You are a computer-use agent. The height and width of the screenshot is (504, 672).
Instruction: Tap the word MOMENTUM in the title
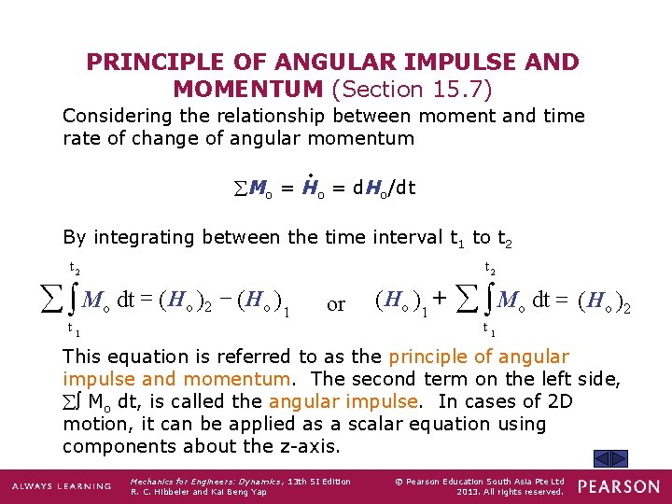248,90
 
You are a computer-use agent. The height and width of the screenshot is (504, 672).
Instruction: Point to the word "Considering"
118,117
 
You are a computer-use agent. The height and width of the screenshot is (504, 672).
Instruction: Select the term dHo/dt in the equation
385,188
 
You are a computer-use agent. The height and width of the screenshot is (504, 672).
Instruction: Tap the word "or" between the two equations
336,304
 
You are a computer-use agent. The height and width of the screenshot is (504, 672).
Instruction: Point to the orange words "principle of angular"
479,357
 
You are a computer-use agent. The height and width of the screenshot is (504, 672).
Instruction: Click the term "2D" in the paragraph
559,401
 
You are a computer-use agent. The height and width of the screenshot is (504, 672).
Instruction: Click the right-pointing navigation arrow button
620,459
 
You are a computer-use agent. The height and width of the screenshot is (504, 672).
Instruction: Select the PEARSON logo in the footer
617,486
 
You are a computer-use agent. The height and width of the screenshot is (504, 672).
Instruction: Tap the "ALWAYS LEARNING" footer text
61,487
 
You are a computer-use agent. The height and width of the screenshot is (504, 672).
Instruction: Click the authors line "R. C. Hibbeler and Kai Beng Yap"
199,492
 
